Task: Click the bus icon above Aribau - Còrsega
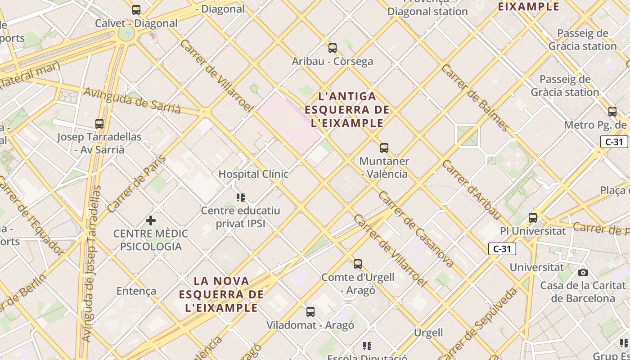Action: (x=333, y=48)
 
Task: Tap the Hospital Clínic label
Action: (x=253, y=174)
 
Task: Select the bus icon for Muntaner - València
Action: (x=384, y=148)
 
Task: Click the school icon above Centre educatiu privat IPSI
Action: (x=241, y=197)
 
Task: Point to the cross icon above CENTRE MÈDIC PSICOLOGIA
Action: (x=151, y=220)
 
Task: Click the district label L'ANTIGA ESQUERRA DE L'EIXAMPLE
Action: (x=347, y=109)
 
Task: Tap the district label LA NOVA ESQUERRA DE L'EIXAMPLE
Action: (x=221, y=294)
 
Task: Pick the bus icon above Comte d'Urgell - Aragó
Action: (x=358, y=264)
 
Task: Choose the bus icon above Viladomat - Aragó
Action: (x=310, y=311)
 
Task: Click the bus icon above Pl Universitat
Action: (x=533, y=218)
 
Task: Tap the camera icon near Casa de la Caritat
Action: (x=583, y=272)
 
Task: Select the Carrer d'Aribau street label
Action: (x=471, y=190)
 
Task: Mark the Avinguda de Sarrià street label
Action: (x=133, y=101)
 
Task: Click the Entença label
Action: (x=136, y=291)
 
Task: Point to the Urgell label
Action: (x=428, y=333)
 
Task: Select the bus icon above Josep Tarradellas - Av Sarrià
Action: (x=99, y=123)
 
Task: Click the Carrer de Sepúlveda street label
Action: (x=481, y=324)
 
